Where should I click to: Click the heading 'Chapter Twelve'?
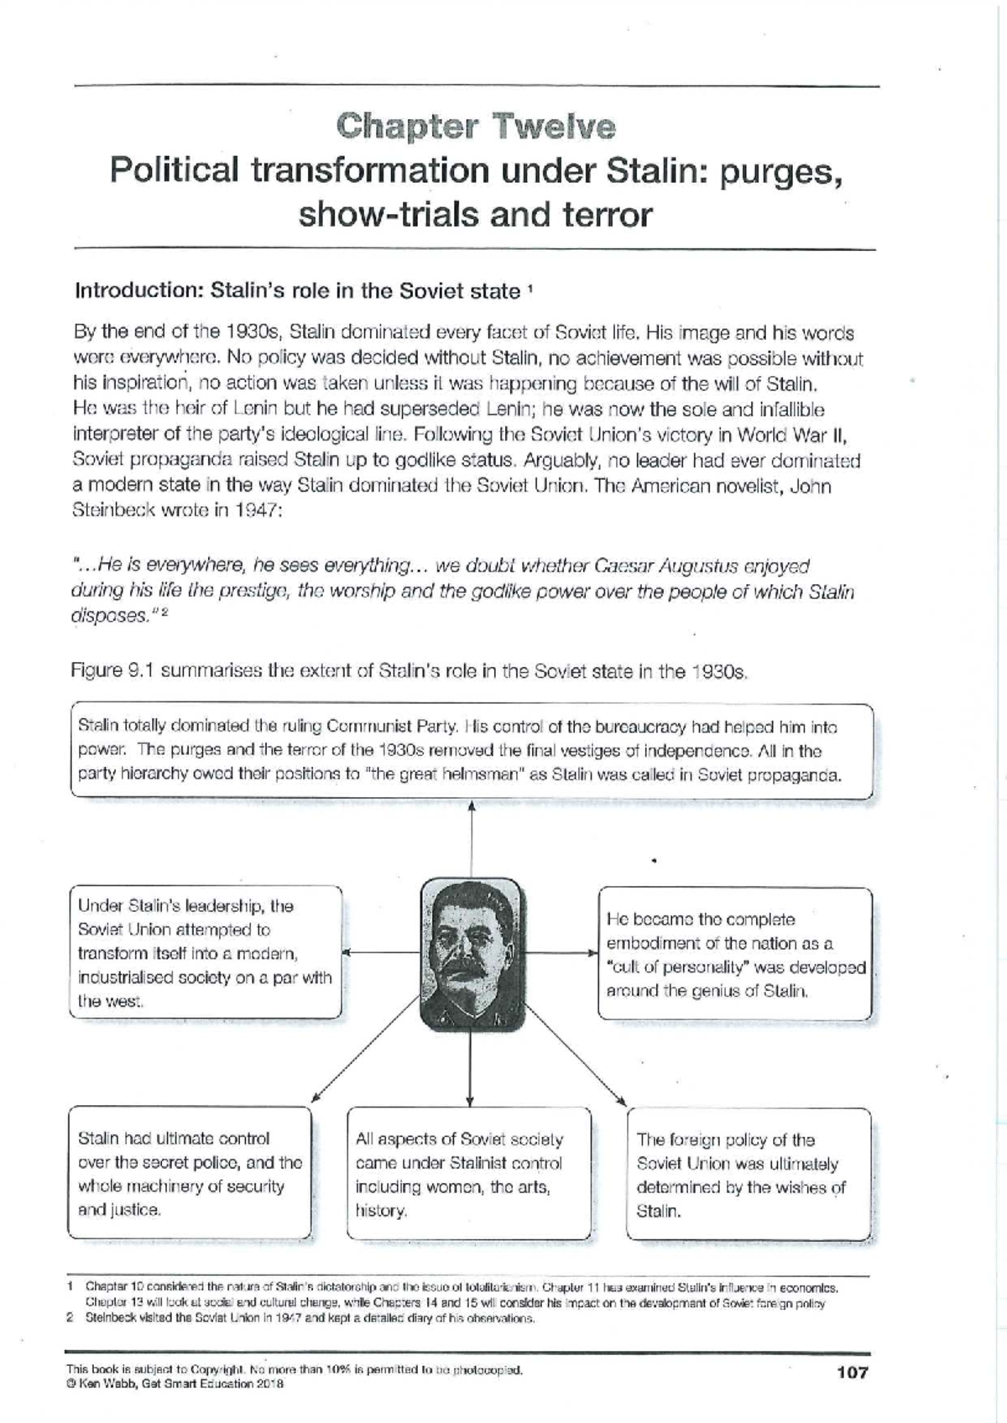(x=476, y=127)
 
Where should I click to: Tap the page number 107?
(x=852, y=1373)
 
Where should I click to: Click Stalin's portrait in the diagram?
(x=472, y=953)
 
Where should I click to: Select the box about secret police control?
(x=189, y=1173)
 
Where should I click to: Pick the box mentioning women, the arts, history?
(x=468, y=1174)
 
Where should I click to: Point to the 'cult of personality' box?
(x=734, y=954)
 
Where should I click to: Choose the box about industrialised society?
(x=206, y=952)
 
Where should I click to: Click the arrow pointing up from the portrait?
(x=472, y=839)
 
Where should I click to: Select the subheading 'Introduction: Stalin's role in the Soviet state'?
(x=298, y=291)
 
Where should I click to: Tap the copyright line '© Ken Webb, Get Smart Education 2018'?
(x=175, y=1384)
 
